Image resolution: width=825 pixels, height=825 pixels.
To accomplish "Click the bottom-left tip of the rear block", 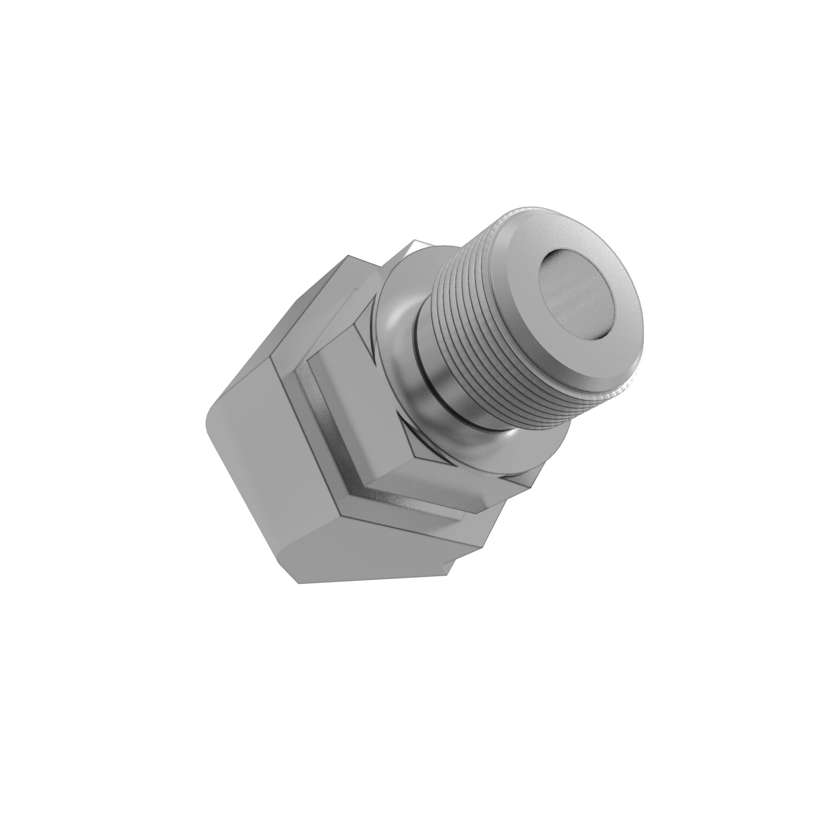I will tap(299, 583).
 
